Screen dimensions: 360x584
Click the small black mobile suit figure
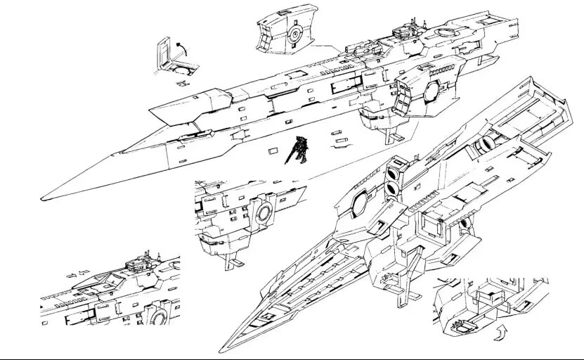(299, 149)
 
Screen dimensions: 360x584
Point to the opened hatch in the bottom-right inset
(461, 324)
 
